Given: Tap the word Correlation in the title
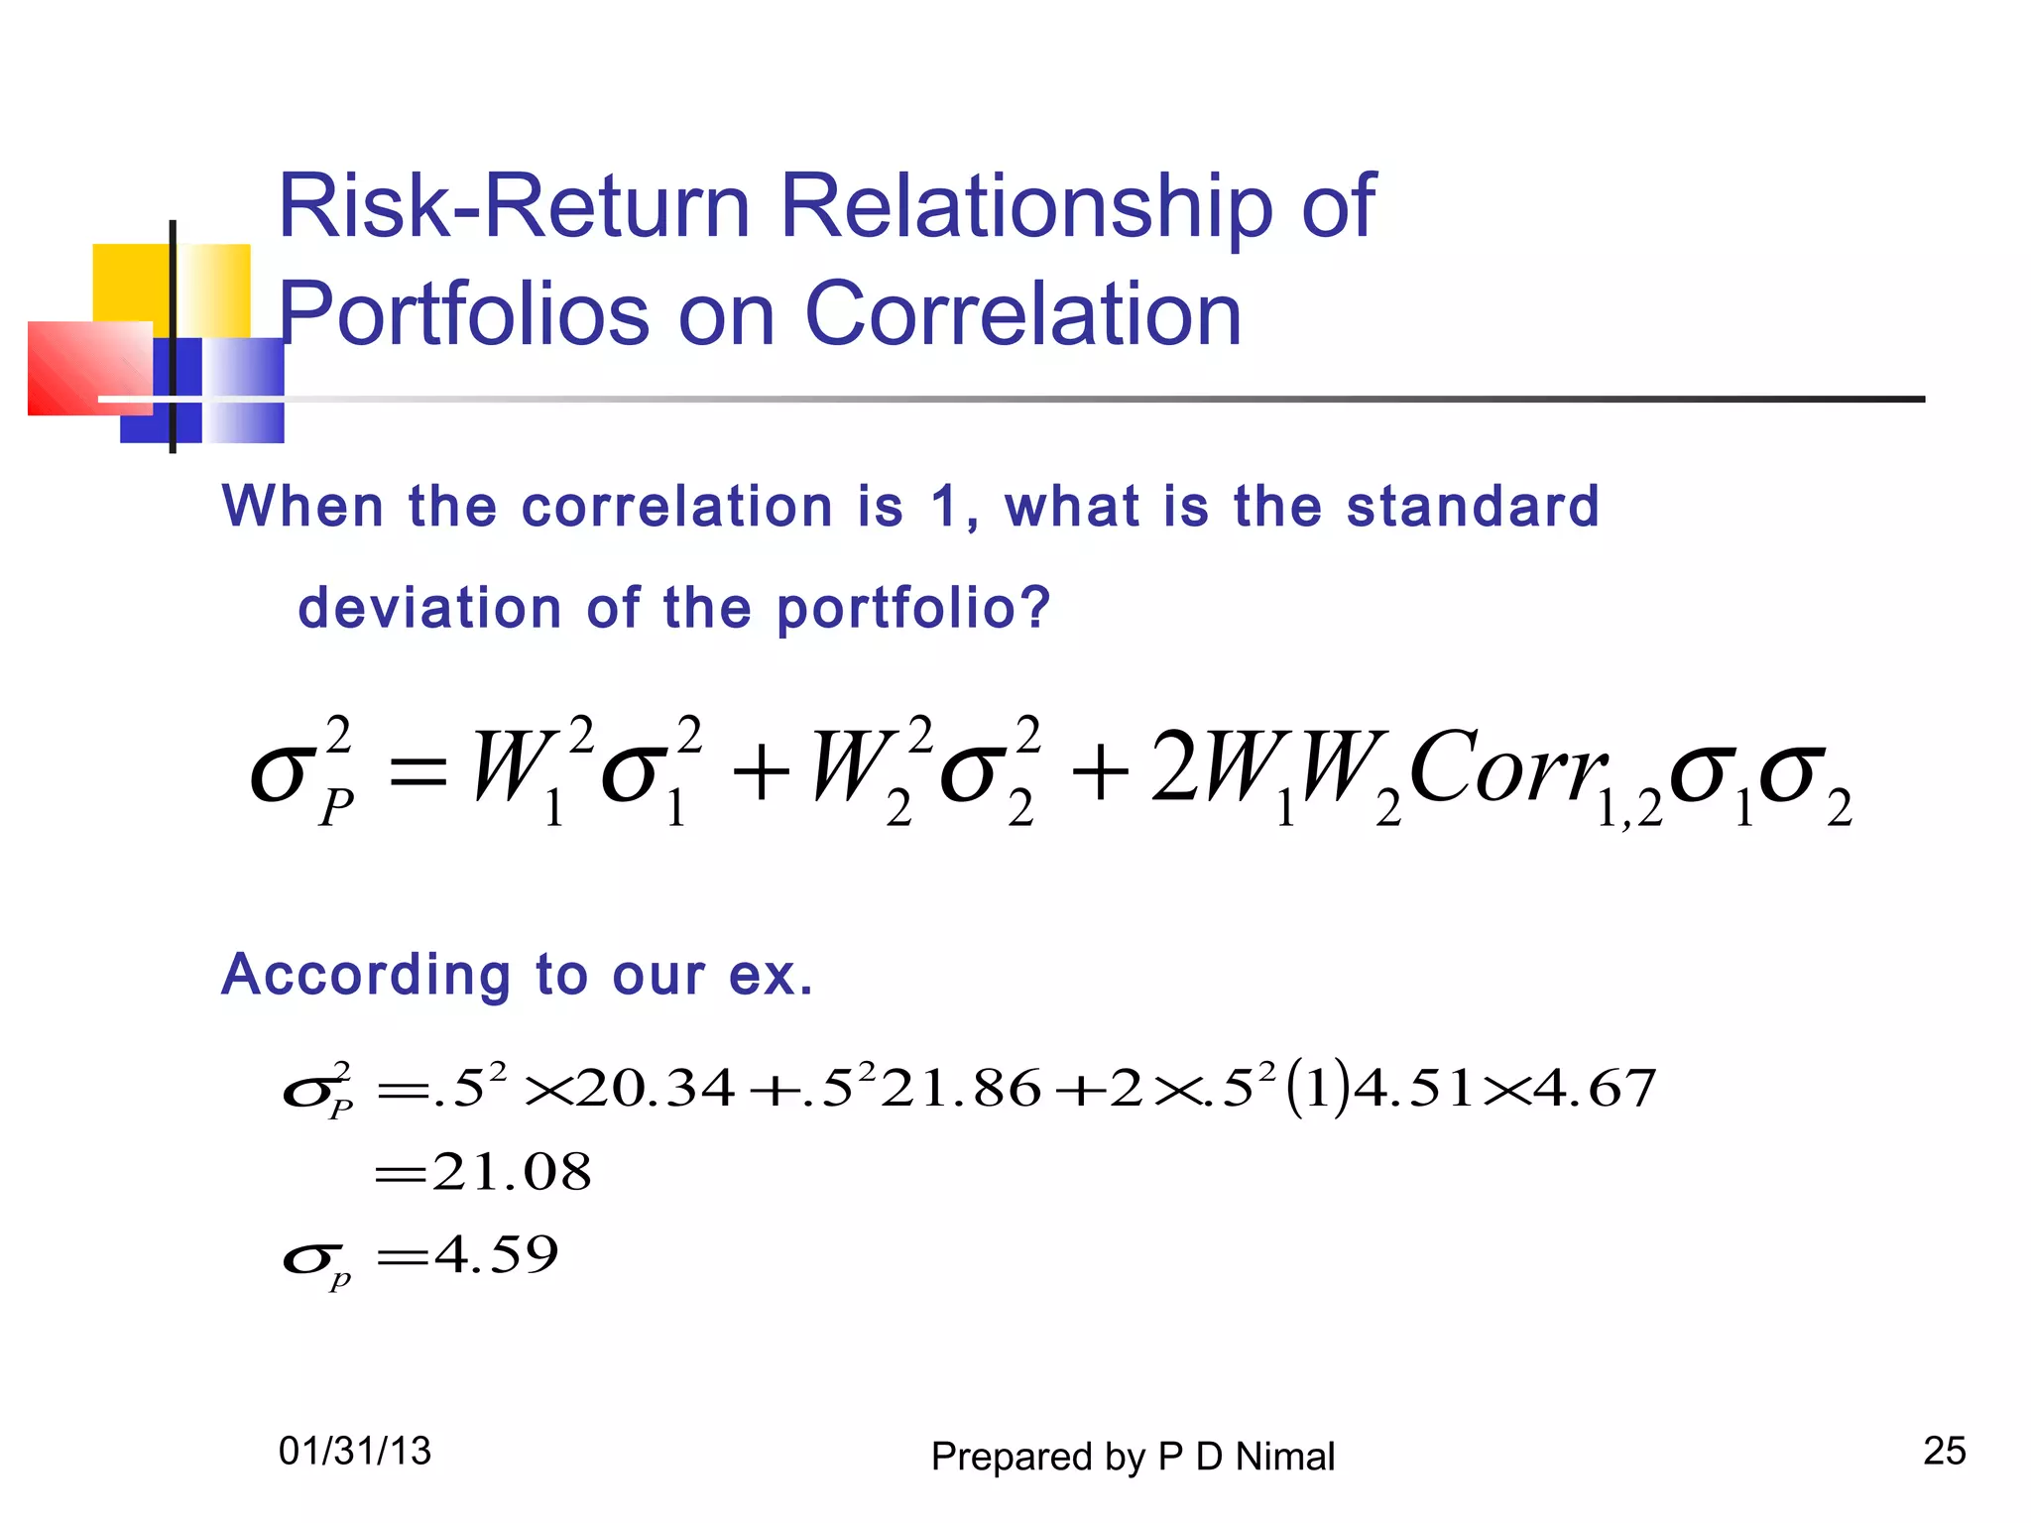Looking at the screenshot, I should [x=1022, y=314].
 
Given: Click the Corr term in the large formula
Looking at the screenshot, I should [x=1507, y=768].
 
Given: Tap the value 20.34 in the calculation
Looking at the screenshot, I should [x=656, y=1088].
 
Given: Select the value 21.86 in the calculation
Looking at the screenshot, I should [x=961, y=1088].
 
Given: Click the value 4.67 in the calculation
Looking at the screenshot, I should [x=1596, y=1088].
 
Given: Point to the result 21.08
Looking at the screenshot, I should [x=512, y=1172].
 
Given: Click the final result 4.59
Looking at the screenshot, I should [x=496, y=1255].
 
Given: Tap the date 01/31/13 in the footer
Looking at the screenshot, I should [x=355, y=1452].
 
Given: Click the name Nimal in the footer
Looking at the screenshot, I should [x=1285, y=1457].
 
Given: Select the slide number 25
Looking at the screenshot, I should [x=1944, y=1451].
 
